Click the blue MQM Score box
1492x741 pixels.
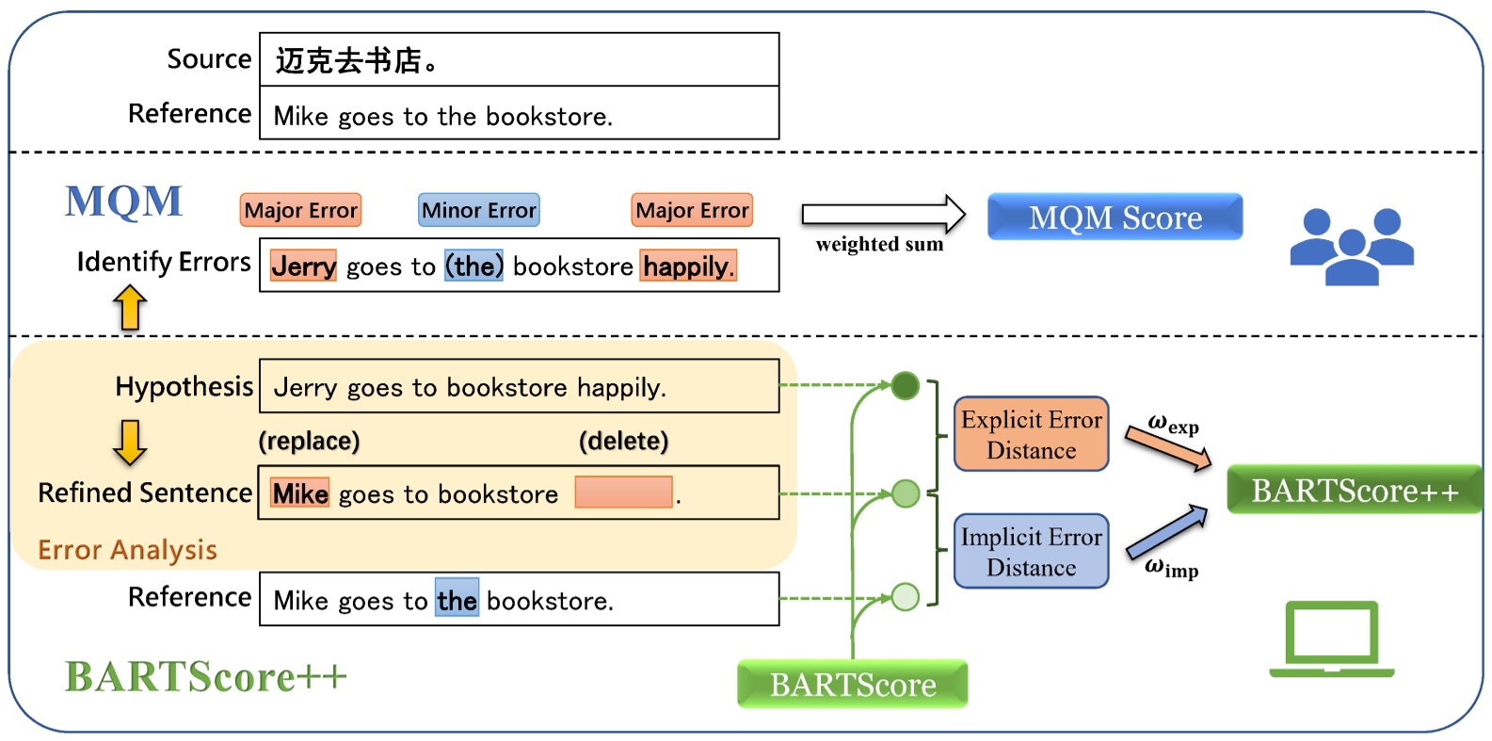(1115, 217)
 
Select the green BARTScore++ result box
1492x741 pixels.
(1354, 490)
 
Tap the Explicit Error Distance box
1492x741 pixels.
(1031, 434)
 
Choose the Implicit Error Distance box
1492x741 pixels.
(1031, 551)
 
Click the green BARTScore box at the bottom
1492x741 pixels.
(852, 685)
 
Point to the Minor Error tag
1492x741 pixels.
(478, 210)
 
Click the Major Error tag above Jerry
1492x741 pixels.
(300, 210)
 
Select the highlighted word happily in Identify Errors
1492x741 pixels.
(687, 266)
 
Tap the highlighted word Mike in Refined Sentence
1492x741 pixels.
(299, 493)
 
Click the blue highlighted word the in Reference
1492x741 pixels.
(457, 599)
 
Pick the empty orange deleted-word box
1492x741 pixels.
(623, 492)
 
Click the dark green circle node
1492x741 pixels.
(905, 385)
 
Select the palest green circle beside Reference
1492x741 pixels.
(905, 597)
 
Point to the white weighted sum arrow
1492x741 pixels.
(882, 215)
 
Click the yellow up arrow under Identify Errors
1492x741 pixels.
(130, 308)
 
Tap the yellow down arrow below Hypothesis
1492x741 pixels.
(129, 443)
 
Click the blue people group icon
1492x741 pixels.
(1351, 247)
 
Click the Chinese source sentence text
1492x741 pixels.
(356, 61)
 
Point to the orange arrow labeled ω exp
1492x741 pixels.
(1168, 447)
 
